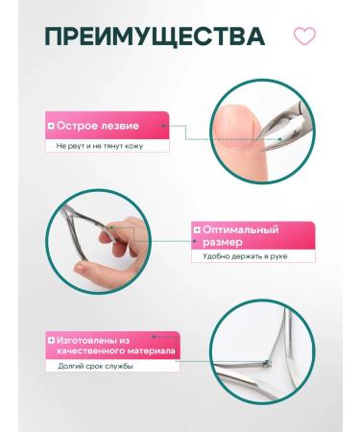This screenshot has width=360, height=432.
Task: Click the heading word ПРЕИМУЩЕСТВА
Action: point(155,38)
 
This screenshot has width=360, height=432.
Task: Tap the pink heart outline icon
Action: point(304,37)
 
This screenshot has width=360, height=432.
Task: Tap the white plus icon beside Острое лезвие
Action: point(51,126)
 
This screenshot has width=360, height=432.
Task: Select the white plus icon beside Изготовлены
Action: point(50,340)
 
